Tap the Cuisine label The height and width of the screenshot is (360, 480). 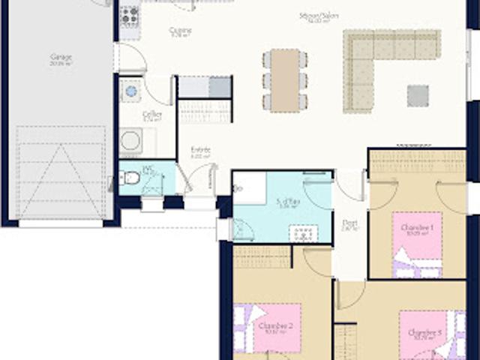181,31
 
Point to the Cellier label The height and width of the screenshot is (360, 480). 152,115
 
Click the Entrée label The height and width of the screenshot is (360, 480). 201,151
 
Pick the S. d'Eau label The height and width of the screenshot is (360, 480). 288,202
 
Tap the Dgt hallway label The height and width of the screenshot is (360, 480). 349,223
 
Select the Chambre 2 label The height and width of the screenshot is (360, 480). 274,327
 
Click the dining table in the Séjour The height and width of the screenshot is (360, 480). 285,80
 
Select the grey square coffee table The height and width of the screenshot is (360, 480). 418,95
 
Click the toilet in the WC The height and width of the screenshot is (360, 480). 130,178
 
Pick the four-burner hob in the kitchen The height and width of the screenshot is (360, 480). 130,14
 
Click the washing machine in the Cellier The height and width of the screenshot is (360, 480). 130,140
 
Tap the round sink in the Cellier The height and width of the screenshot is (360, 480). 131,91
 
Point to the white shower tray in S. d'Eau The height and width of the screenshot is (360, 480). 249,188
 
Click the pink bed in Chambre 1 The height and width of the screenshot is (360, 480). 417,244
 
